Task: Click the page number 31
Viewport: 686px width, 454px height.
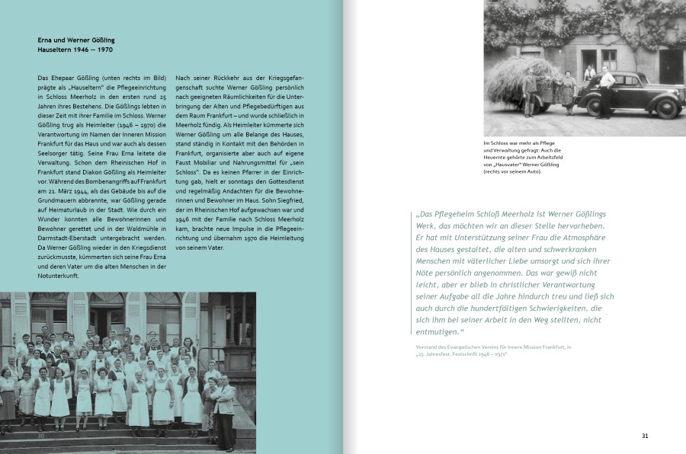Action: coord(644,436)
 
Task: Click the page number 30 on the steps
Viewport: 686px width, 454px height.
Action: coord(42,436)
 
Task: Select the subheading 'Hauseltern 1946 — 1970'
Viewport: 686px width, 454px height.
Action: coord(75,49)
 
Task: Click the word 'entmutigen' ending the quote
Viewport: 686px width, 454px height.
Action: coord(437,331)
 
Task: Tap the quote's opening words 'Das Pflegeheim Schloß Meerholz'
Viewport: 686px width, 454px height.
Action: coord(497,215)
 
